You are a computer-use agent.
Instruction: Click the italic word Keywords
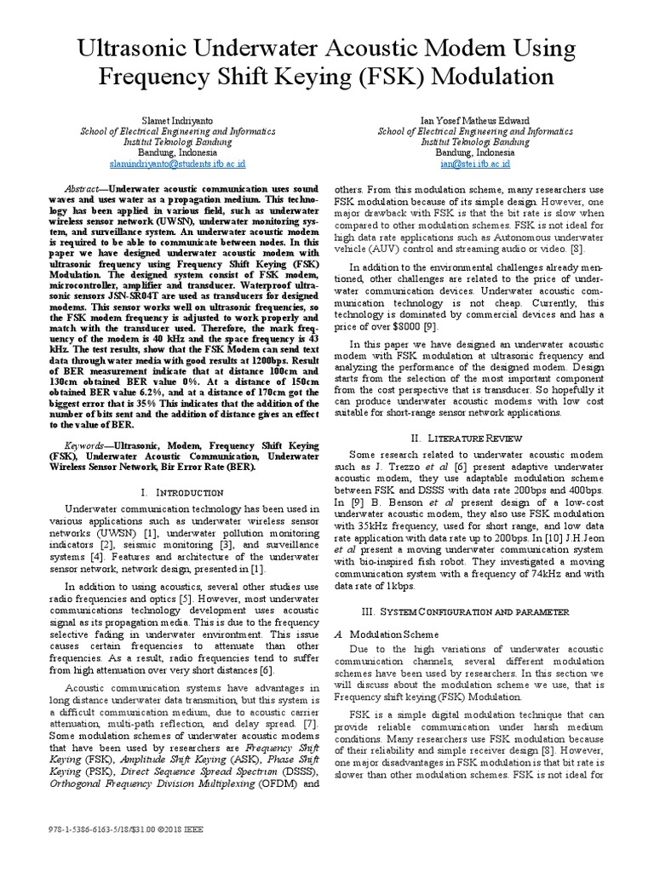[x=89, y=445]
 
